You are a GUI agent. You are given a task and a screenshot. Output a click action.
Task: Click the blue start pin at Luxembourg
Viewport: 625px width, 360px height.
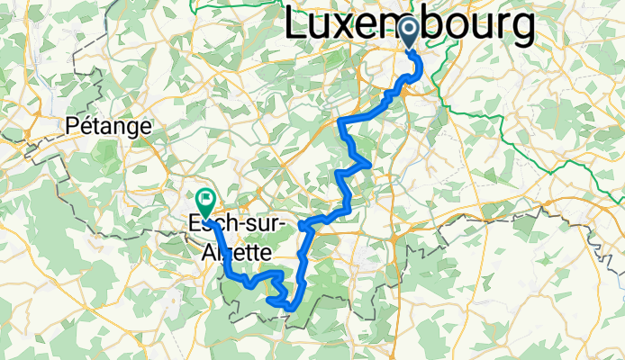(x=409, y=32)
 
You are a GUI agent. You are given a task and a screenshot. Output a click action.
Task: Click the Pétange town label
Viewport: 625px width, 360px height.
(x=108, y=127)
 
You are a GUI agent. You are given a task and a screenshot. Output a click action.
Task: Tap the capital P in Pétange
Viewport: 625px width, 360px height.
(x=73, y=127)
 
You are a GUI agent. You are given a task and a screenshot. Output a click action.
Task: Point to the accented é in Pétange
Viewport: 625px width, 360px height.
(x=87, y=127)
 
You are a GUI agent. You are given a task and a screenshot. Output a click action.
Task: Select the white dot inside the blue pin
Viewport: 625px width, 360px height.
(x=409, y=29)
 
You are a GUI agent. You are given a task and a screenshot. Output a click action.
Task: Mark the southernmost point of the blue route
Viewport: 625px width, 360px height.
(x=290, y=309)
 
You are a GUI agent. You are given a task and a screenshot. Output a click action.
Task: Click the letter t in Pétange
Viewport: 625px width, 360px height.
(x=97, y=127)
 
